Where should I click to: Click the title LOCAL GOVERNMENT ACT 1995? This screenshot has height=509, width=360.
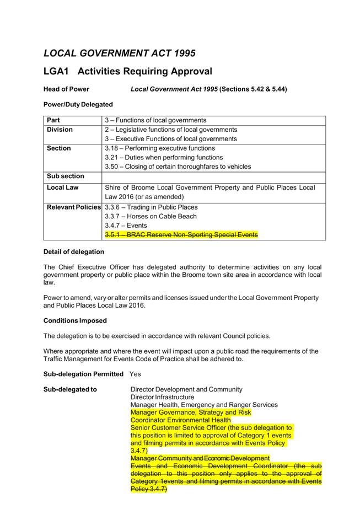tap(119, 53)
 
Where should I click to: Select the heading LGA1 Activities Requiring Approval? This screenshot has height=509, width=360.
tap(127, 72)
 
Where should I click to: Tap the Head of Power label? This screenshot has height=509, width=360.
tap(66, 89)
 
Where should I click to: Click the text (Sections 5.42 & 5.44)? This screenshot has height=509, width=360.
tap(254, 89)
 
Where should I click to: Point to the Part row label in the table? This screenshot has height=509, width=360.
tap(53, 120)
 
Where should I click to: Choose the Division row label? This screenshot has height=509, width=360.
tap(60, 130)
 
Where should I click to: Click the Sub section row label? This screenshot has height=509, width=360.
tap(66, 176)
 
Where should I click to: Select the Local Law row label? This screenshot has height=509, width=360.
tap(63, 187)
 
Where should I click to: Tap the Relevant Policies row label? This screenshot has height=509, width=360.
tap(74, 207)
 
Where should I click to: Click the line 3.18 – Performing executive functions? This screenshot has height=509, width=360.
tap(160, 148)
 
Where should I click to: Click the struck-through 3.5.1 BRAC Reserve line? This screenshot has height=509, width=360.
tap(181, 235)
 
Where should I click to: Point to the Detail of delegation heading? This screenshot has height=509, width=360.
tap(73, 252)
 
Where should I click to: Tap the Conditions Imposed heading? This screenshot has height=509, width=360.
tap(75, 320)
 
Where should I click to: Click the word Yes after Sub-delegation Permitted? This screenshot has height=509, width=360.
tap(135, 374)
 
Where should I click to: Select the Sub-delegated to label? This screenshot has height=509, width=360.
tap(70, 389)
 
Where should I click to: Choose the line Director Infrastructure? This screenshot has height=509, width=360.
tap(162, 397)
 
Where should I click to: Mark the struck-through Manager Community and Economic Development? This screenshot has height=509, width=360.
tap(200, 458)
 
